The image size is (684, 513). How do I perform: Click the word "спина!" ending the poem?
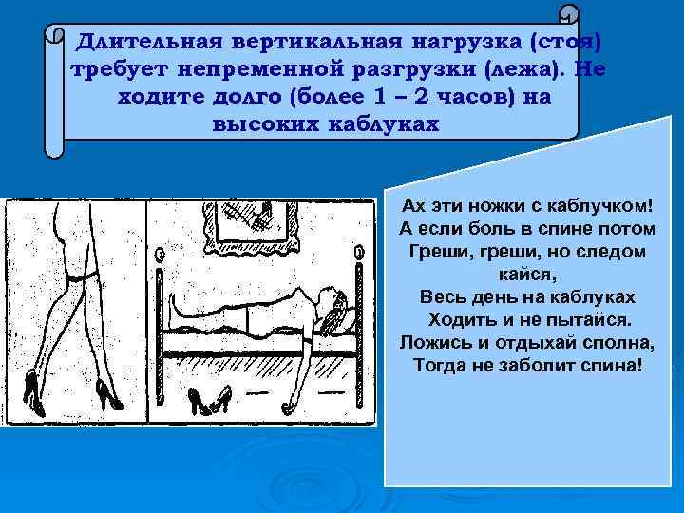point(602,364)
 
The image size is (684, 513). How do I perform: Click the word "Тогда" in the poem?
point(443,364)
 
